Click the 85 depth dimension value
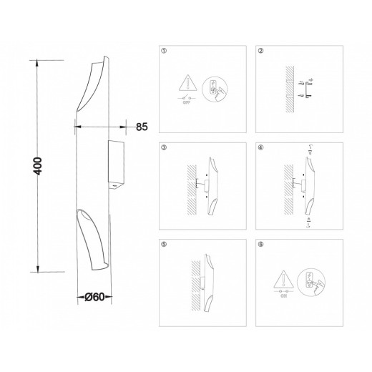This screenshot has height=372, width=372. (x=141, y=127)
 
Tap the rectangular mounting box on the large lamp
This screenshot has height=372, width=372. (x=116, y=162)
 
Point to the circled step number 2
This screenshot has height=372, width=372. (x=260, y=52)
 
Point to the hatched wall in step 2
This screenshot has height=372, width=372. (x=288, y=89)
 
